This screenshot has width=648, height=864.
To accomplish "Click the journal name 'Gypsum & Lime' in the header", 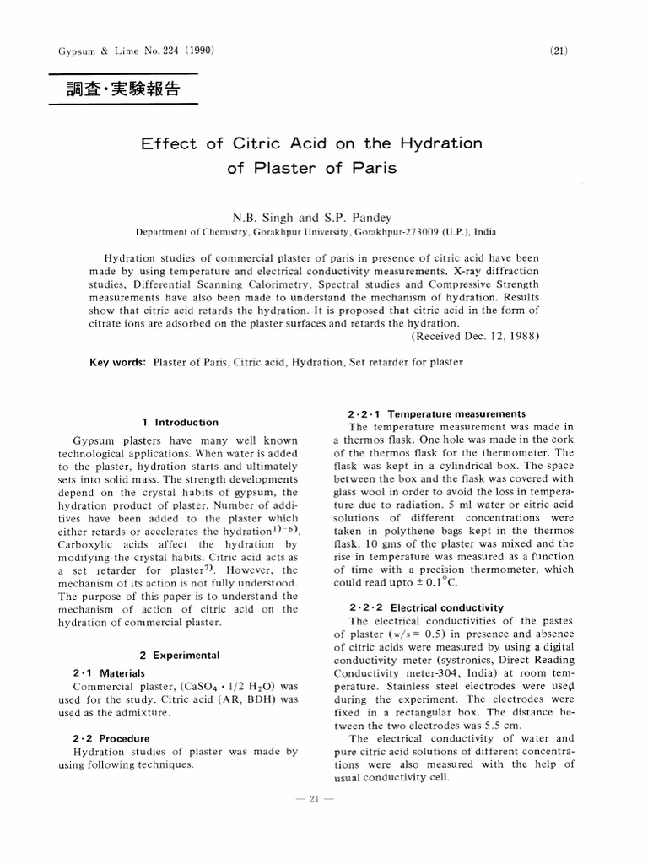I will click(x=85, y=51).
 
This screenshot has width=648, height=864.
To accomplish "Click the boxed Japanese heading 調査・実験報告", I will click(x=123, y=89).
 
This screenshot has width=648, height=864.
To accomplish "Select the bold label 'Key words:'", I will click(x=118, y=362).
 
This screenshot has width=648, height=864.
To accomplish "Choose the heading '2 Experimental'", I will click(x=179, y=655).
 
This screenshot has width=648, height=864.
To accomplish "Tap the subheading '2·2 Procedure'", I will click(x=111, y=737).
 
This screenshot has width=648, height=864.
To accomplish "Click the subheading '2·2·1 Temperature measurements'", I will click(x=436, y=414).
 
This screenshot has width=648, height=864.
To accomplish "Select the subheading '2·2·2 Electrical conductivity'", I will click(x=425, y=607).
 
